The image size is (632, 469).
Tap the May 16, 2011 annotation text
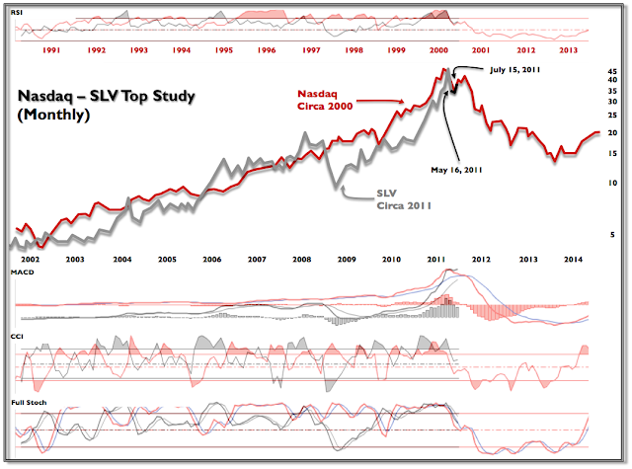(457, 169)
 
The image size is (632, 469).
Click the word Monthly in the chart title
(54, 115)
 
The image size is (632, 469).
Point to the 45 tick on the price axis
(612, 71)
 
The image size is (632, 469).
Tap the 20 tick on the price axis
(612, 132)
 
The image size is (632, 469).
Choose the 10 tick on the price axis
(612, 183)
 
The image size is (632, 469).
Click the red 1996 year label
(267, 49)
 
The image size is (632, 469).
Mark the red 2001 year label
(483, 49)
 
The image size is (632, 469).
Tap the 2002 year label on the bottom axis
(30, 258)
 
